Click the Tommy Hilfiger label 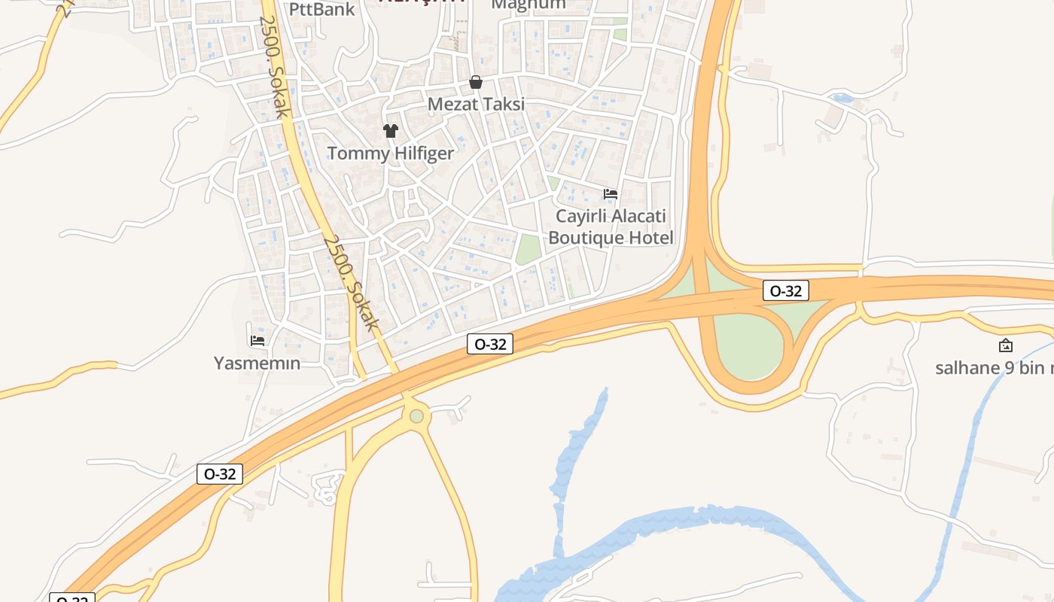pyautogui.click(x=390, y=154)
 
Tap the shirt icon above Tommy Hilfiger pyautogui.click(x=390, y=131)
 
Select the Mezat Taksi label pyautogui.click(x=476, y=105)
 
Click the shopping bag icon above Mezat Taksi pyautogui.click(x=476, y=82)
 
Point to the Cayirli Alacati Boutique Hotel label pyautogui.click(x=611, y=227)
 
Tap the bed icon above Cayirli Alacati pyautogui.click(x=611, y=194)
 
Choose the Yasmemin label pyautogui.click(x=257, y=363)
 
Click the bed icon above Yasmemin pyautogui.click(x=257, y=340)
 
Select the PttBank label pyautogui.click(x=321, y=9)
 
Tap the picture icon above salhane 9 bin pyautogui.click(x=1005, y=346)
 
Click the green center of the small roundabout pyautogui.click(x=416, y=415)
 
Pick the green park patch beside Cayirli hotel pyautogui.click(x=529, y=249)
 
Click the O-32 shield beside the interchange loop pyautogui.click(x=785, y=290)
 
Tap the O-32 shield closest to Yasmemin pyautogui.click(x=220, y=474)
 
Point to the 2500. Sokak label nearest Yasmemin pyautogui.click(x=350, y=282)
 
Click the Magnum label pyautogui.click(x=528, y=5)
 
